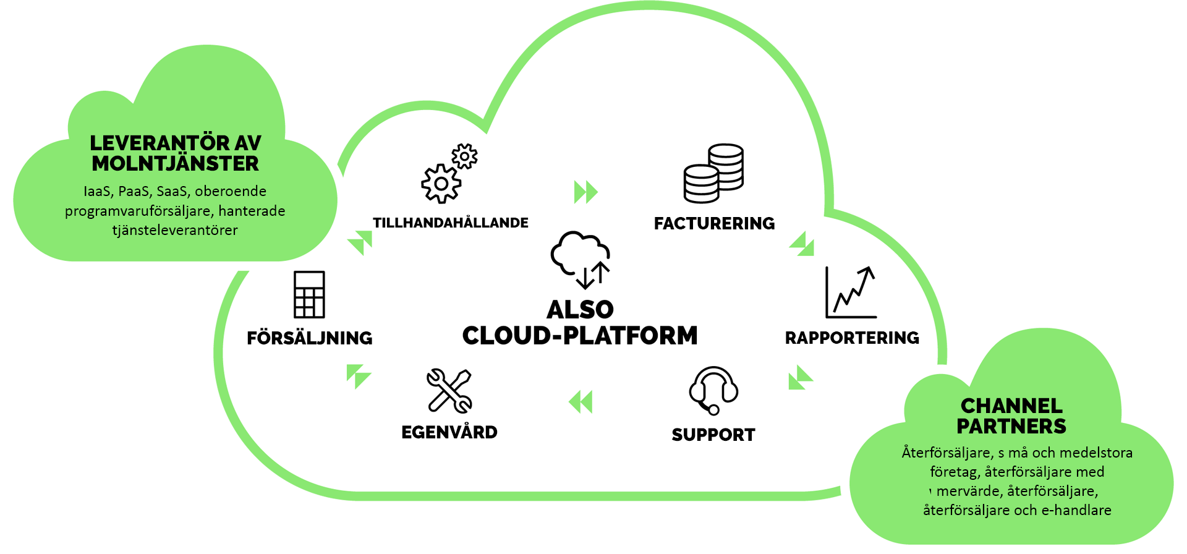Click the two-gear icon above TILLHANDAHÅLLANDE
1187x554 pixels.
pos(449,174)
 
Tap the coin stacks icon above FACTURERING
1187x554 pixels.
pos(713,173)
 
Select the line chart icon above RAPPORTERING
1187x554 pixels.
pos(851,292)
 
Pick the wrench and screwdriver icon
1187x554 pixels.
pos(449,391)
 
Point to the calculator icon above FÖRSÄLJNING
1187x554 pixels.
pos(309,294)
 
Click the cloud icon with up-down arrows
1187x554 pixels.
pos(581,260)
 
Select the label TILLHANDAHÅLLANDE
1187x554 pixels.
pos(451,223)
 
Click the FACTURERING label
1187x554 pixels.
pos(714,223)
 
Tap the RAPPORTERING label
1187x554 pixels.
pos(852,338)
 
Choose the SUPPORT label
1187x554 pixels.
pos(713,435)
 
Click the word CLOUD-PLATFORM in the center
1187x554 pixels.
pos(580,336)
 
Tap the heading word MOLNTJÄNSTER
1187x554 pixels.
pos(176,164)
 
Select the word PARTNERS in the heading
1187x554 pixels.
pos(1011,426)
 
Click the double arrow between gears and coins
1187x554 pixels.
pos(585,192)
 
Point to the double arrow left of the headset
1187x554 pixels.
pos(581,402)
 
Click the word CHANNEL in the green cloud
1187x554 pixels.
pos(1011,406)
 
